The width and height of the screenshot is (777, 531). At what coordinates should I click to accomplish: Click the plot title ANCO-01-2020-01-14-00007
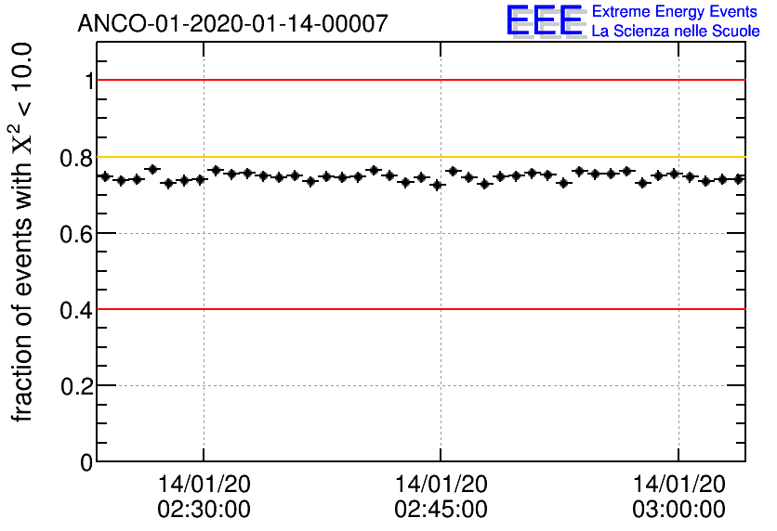232,23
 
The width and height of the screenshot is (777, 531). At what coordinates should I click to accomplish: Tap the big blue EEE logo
544,20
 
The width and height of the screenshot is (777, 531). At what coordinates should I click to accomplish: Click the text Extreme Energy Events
676,12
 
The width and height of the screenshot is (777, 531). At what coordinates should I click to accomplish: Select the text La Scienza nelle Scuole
676,31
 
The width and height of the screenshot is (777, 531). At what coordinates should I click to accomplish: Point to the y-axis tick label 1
89,82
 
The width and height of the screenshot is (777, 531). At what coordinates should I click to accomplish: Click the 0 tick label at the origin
87,462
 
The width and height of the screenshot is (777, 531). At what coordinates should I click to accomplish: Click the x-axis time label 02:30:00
204,509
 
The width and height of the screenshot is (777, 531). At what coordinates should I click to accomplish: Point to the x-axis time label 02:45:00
441,509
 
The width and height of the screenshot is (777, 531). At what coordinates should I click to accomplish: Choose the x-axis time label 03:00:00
678,509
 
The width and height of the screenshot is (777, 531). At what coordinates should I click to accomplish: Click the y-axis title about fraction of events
25,232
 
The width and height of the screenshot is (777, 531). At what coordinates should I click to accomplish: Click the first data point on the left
104,176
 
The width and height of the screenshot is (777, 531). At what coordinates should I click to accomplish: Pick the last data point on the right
739,179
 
